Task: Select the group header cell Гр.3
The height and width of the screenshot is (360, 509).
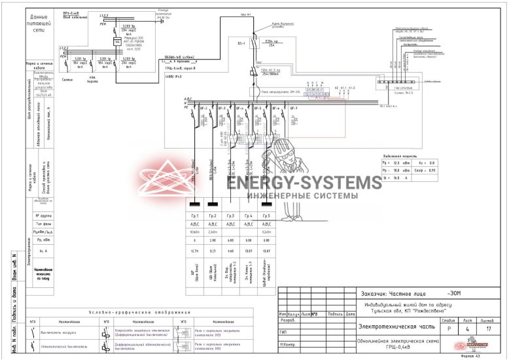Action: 230,215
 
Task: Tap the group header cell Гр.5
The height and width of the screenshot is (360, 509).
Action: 266,215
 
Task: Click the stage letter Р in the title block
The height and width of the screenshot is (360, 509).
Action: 448,329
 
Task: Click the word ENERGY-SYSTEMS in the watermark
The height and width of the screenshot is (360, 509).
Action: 304,182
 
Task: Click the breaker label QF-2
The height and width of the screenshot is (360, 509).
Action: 203,108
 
